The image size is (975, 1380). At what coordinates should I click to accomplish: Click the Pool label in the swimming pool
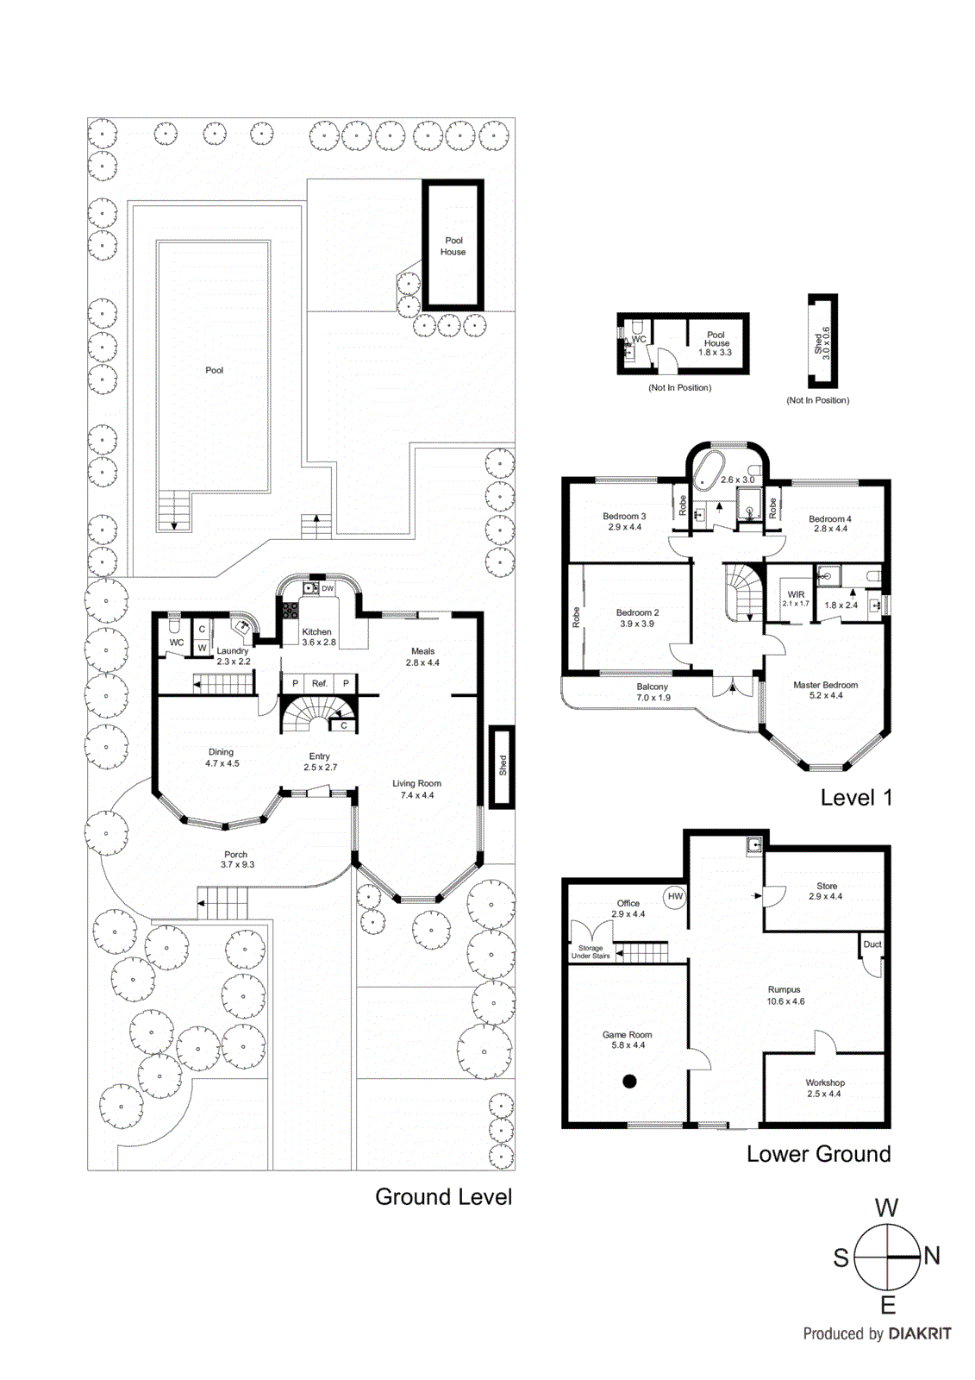pyautogui.click(x=214, y=370)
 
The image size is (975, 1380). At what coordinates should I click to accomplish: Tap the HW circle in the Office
pyautogui.click(x=675, y=897)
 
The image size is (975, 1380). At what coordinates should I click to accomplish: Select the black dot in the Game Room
pyautogui.click(x=629, y=1081)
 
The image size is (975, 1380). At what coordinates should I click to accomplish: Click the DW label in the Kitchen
pyautogui.click(x=328, y=588)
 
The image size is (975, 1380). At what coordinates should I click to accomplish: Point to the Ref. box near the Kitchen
pyautogui.click(x=320, y=683)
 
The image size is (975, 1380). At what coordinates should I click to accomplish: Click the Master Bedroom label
pyautogui.click(x=825, y=685)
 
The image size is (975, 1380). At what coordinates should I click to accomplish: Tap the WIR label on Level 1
pyautogui.click(x=796, y=594)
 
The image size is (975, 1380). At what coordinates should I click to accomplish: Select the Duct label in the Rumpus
pyautogui.click(x=872, y=944)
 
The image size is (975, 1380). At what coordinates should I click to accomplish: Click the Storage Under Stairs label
pyautogui.click(x=591, y=952)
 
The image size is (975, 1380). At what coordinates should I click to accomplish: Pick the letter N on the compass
pyautogui.click(x=932, y=1256)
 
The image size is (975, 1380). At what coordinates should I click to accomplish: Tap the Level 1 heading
pyautogui.click(x=855, y=798)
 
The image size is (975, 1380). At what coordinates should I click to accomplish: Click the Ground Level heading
pyautogui.click(x=443, y=1197)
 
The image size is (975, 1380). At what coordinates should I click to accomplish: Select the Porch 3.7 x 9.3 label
pyautogui.click(x=237, y=860)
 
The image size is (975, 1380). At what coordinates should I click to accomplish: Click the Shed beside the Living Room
pyautogui.click(x=502, y=767)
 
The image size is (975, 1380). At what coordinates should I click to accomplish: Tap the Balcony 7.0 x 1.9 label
pyautogui.click(x=653, y=692)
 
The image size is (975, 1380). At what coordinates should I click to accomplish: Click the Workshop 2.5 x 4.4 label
pyautogui.click(x=825, y=1088)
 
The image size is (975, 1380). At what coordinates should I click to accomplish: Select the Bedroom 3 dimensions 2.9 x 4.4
pyautogui.click(x=624, y=527)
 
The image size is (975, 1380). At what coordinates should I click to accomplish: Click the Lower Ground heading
pyautogui.click(x=818, y=1154)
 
